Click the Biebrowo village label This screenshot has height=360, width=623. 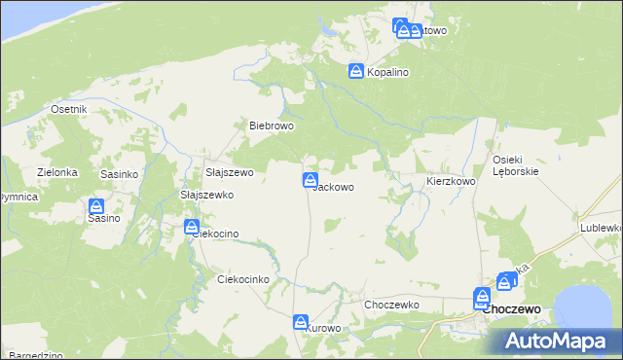pyautogui.click(x=272, y=126)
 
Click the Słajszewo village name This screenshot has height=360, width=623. pyautogui.click(x=230, y=172)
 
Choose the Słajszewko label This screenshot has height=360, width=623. pyautogui.click(x=207, y=195)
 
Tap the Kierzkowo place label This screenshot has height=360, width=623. pyautogui.click(x=451, y=182)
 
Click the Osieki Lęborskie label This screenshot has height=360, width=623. pyautogui.click(x=516, y=165)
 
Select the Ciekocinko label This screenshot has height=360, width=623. pyautogui.click(x=242, y=279)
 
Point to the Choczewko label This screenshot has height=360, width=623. pyautogui.click(x=391, y=305)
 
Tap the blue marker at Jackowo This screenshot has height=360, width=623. pyautogui.click(x=310, y=180)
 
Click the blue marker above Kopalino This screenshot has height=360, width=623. pyautogui.click(x=356, y=71)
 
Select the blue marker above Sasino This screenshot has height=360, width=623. pyautogui.click(x=96, y=206)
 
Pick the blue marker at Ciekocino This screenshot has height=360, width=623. pyautogui.click(x=192, y=227)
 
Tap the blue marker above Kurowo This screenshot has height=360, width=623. pyautogui.click(x=301, y=321)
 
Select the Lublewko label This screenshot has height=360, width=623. pyautogui.click(x=602, y=228)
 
